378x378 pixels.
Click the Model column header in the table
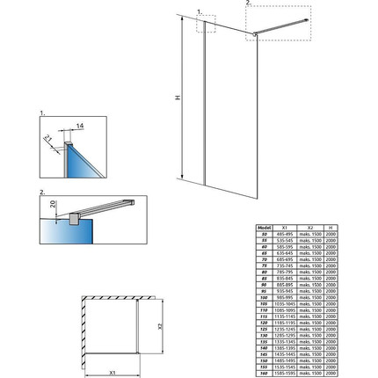pos(263,227)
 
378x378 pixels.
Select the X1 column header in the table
pos(286,227)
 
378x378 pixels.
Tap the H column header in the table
pos(330,227)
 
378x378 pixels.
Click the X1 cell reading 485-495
pos(286,233)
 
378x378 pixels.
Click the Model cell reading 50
pos(263,233)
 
